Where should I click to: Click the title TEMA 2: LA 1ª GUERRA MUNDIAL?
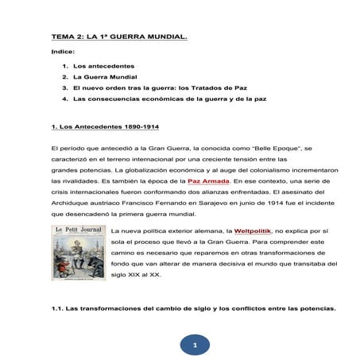pos(119,36)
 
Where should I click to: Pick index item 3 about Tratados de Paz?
pos(159,87)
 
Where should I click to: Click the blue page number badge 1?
pos(195,345)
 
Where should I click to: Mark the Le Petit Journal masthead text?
pos(79,231)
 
